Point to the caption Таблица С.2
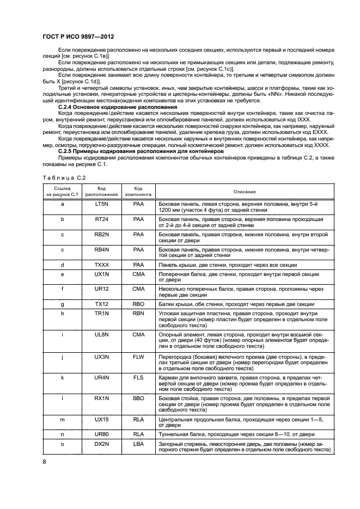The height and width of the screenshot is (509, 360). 63,177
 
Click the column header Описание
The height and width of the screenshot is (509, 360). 245,192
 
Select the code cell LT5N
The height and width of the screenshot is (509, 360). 102,204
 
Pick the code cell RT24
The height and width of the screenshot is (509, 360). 102,219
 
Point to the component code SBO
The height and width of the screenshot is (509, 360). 138,398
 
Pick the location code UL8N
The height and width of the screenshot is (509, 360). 102,334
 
